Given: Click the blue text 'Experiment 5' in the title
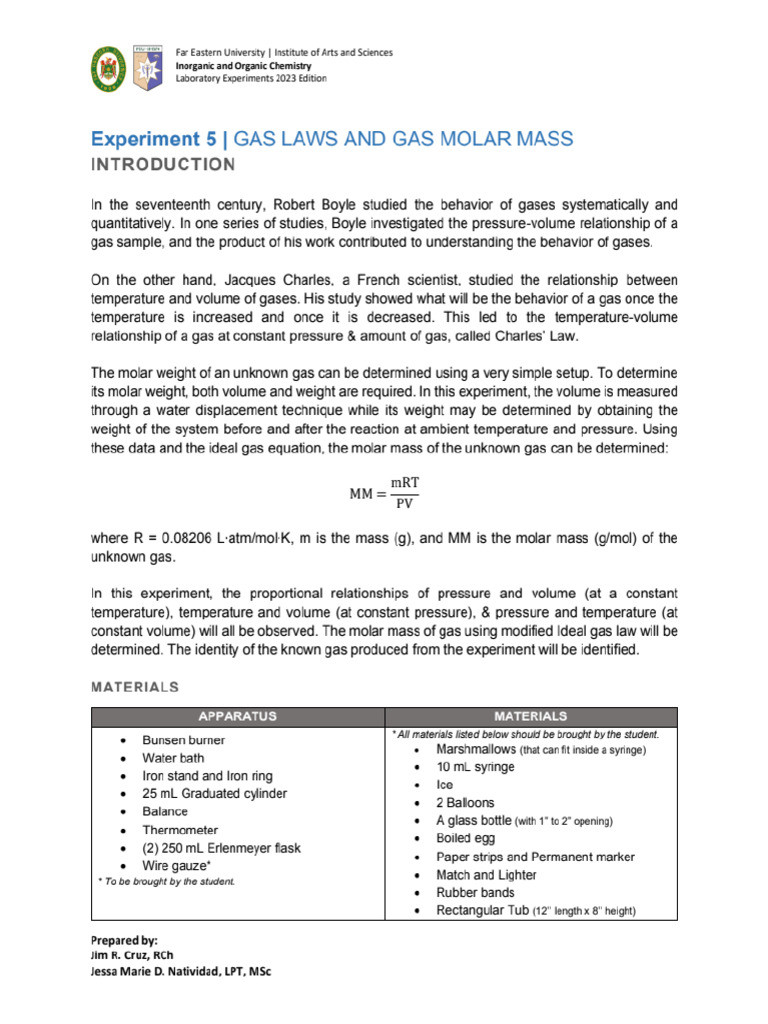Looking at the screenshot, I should click(x=160, y=138).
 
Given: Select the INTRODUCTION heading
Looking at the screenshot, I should click(x=164, y=164).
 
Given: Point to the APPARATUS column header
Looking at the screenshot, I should click(x=237, y=716).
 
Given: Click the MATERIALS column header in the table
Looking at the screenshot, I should click(x=531, y=716).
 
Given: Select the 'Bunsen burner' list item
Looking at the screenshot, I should click(x=183, y=740).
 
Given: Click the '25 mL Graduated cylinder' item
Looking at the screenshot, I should click(x=214, y=794).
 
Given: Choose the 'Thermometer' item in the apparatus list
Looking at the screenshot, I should click(x=180, y=830).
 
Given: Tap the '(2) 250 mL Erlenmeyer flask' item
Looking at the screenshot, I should click(x=221, y=848).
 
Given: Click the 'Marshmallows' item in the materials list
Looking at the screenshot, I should click(x=475, y=749).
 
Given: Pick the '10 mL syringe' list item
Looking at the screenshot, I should click(x=475, y=767).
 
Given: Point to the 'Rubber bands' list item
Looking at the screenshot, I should click(x=475, y=892).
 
